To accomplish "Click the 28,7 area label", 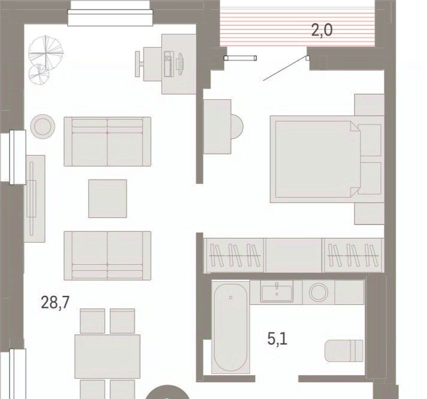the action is (x=55, y=303).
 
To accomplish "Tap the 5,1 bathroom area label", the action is (x=277, y=339).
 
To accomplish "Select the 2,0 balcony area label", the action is (x=322, y=30).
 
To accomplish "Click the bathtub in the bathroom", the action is (x=231, y=327).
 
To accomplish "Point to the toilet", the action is (x=344, y=350).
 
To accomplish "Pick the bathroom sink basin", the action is (x=277, y=291).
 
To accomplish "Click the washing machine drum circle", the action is (x=319, y=292).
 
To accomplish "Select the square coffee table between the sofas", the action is (x=108, y=198).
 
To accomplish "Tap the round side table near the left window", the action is (x=43, y=126).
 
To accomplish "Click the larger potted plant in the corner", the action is (x=46, y=51).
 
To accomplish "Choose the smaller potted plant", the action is (x=39, y=75).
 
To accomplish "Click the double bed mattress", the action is (x=316, y=159).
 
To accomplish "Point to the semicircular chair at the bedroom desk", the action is (x=237, y=127).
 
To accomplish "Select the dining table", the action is (x=108, y=356).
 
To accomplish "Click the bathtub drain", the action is (x=231, y=297).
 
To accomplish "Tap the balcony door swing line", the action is (x=285, y=69).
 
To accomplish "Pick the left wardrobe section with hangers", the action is (x=235, y=255).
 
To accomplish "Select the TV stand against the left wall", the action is (x=35, y=198).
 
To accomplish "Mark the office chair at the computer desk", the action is (x=140, y=64).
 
